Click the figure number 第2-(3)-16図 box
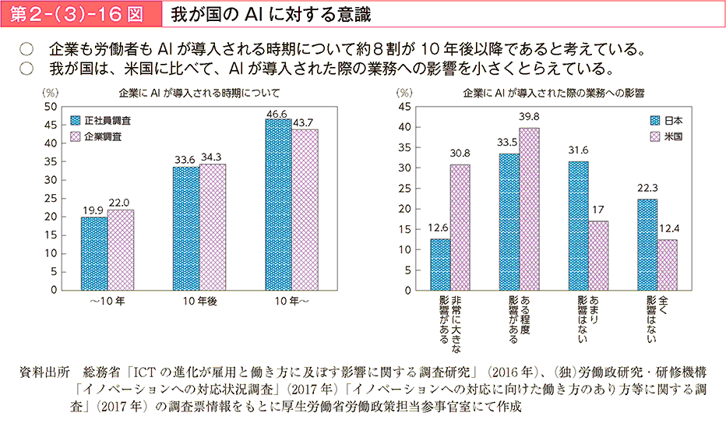tap(78, 13)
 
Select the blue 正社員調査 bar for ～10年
tap(94, 253)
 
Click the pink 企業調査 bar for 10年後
tap(212, 227)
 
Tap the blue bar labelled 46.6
tap(278, 204)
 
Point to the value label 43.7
tap(304, 122)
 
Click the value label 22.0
tap(120, 202)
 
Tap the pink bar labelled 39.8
tap(529, 209)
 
